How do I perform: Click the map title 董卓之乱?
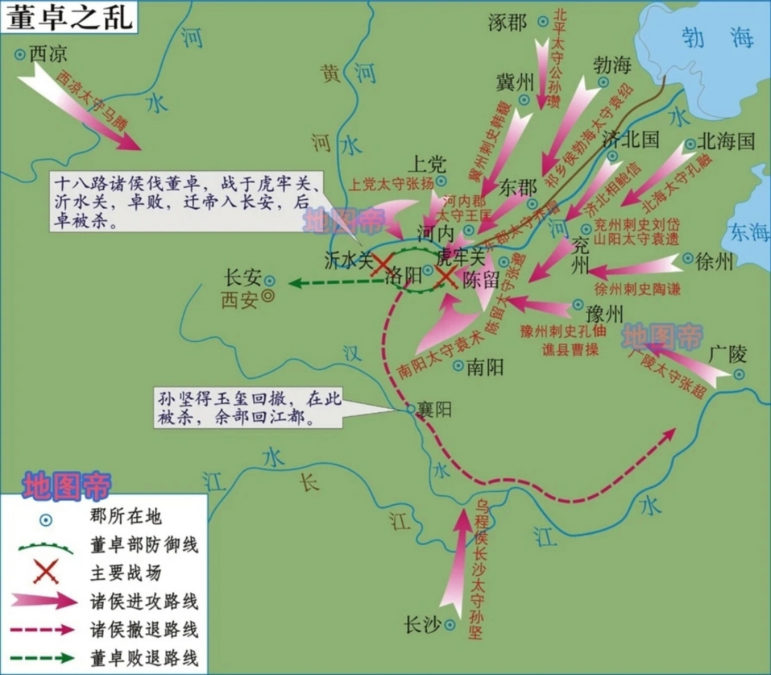pos(69,17)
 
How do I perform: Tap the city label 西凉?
pos(48,53)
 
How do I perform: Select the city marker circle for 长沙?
pos(450,625)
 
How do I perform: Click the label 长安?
pos(243,278)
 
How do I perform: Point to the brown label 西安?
pos(240,300)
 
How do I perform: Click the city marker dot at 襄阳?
pos(411,409)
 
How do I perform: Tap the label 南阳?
pos(485,367)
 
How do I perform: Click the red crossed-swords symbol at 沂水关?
pos(382,264)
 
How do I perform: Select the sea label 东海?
pos(749,232)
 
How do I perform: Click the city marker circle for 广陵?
pos(739,374)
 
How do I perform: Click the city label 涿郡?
pos(507,22)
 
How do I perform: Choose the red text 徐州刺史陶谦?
pos(637,288)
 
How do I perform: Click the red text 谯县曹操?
pos(570,349)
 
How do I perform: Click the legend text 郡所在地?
pos(125,516)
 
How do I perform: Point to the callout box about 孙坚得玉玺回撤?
pos(249,408)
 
